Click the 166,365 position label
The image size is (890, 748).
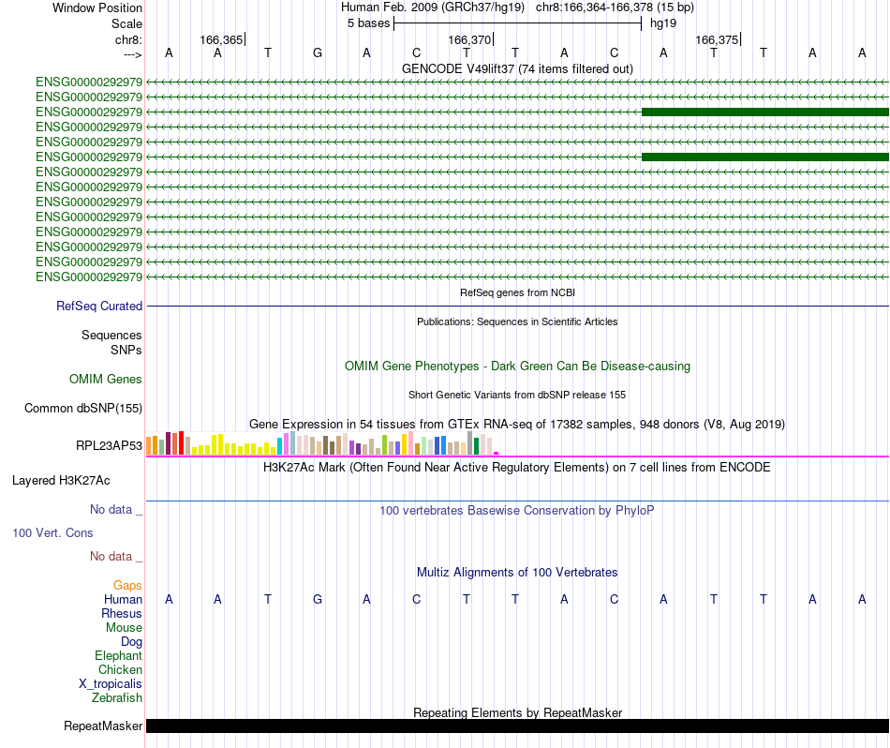[x=221, y=39]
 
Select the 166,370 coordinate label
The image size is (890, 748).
[x=469, y=39]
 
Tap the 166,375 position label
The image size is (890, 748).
[x=717, y=39]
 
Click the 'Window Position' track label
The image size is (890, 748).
[x=97, y=7]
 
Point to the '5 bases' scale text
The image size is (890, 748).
[x=368, y=22]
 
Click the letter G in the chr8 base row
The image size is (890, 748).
[x=318, y=52]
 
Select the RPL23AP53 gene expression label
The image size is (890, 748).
[x=109, y=445]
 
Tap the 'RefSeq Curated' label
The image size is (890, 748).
[x=99, y=306]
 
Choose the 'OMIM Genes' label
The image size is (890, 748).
[x=106, y=379]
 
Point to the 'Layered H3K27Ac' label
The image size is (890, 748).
[x=61, y=480]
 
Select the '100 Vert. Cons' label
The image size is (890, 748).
[x=52, y=532]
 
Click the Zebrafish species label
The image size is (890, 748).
[x=117, y=697]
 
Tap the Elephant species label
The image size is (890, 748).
[x=118, y=655]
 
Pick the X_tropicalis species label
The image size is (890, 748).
[x=111, y=683]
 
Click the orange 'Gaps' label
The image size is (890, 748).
[x=127, y=585]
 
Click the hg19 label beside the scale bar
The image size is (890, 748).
[x=663, y=22]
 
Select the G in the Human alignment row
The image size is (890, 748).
[x=318, y=599]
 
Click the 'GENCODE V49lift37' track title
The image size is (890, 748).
[x=517, y=68]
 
